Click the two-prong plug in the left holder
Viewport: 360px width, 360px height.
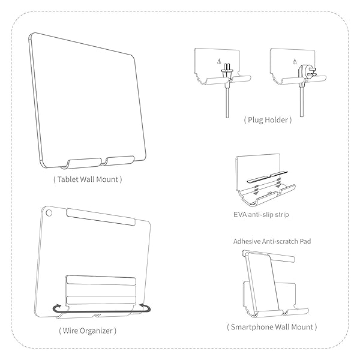(x=227, y=73)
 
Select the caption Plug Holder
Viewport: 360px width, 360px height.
(x=268, y=119)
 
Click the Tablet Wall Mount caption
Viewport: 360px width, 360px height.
(x=87, y=179)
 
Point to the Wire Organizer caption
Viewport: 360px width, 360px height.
(x=88, y=331)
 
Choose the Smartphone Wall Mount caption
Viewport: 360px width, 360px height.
(x=272, y=328)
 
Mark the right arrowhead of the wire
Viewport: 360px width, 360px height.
(x=146, y=308)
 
